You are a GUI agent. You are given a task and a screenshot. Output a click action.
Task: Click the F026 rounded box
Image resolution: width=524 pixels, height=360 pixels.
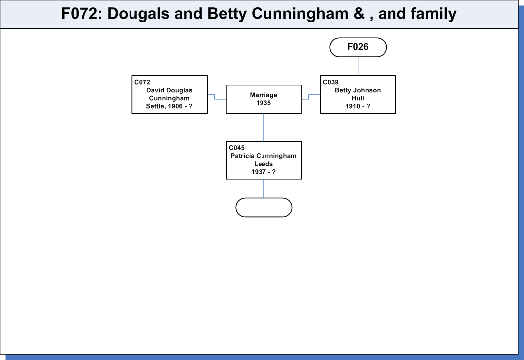pyautogui.click(x=358, y=47)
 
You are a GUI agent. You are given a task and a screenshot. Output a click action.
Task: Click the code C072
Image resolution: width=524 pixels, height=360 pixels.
pyautogui.click(x=142, y=82)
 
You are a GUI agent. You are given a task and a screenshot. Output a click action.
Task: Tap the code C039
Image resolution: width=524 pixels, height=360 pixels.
pyautogui.click(x=331, y=82)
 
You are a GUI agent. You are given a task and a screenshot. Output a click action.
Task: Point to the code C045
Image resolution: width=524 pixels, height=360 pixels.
pyautogui.click(x=236, y=148)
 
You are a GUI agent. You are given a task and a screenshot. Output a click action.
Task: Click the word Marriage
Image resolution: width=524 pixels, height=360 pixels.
pyautogui.click(x=263, y=95)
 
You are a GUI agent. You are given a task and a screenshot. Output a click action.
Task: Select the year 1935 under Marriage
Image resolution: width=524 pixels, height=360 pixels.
pyautogui.click(x=263, y=103)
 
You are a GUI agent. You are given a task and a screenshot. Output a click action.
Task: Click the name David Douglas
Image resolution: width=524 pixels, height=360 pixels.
pyautogui.click(x=169, y=90)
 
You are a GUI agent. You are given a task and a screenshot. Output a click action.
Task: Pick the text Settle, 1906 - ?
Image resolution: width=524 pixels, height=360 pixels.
pyautogui.click(x=169, y=106)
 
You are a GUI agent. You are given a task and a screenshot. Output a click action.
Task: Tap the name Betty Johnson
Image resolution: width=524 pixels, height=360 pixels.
pyautogui.click(x=358, y=90)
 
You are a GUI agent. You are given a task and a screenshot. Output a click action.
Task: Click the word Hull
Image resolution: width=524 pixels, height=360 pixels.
pyautogui.click(x=358, y=98)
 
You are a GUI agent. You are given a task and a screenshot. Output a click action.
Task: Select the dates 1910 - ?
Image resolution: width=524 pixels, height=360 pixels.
pyautogui.click(x=358, y=106)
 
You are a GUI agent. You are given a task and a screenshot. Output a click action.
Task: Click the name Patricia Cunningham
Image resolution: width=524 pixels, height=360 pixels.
pyautogui.click(x=263, y=156)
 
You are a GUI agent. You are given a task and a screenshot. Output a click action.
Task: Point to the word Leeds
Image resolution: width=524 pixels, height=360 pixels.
pyautogui.click(x=263, y=164)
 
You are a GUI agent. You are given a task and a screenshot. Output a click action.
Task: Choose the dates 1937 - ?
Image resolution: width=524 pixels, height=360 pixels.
pyautogui.click(x=263, y=172)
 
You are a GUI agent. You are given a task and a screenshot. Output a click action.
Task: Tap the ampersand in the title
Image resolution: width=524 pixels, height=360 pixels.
pyautogui.click(x=359, y=14)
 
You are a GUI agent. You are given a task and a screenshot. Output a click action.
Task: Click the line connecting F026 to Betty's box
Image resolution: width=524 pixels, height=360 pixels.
pyautogui.click(x=358, y=66)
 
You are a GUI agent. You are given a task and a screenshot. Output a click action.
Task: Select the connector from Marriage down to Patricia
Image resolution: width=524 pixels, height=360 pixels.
pyautogui.click(x=263, y=127)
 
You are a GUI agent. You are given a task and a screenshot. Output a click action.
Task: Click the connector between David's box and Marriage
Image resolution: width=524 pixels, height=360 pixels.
pyautogui.click(x=215, y=97)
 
